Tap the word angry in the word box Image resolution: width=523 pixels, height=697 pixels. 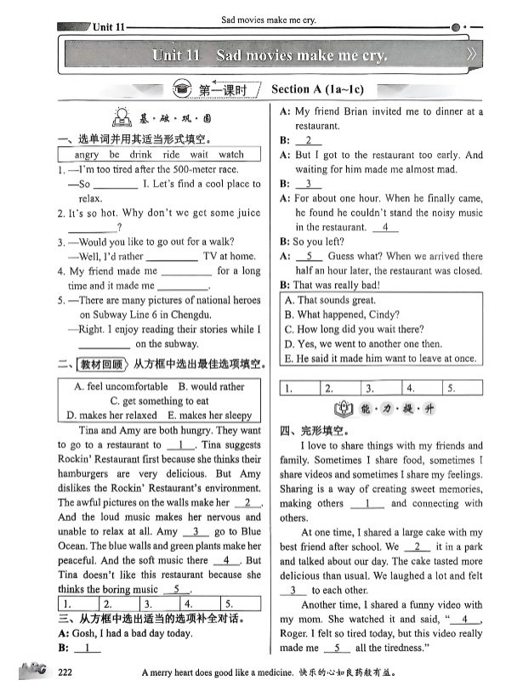(x=86, y=155)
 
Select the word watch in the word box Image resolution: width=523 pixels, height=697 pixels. (x=230, y=155)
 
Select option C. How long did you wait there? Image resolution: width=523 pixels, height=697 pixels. (x=354, y=329)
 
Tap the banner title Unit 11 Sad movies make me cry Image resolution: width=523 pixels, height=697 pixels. (x=269, y=55)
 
